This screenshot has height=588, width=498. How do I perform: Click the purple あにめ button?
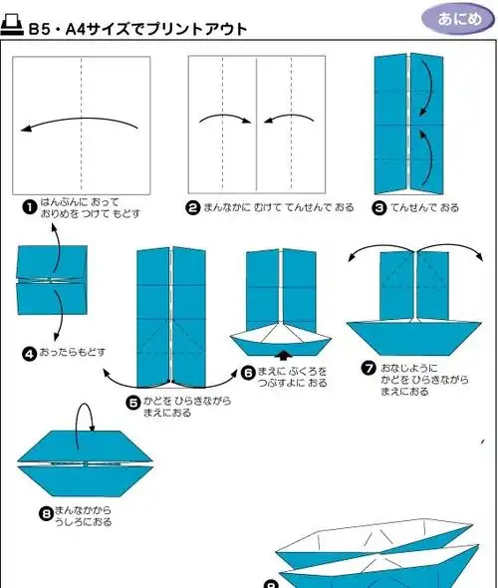pos(454,19)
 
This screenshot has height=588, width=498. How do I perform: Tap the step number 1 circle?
pos(30,206)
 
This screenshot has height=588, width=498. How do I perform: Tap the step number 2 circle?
pos(193,207)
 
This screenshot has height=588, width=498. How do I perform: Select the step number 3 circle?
pos(378,207)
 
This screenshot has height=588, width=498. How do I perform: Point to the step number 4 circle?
pos(30,353)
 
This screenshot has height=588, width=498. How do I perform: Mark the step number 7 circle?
pos(369,369)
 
